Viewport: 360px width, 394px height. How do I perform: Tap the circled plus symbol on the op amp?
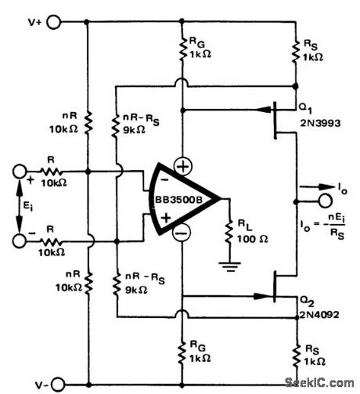tap(181, 167)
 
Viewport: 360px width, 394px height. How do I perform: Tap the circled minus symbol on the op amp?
tap(181, 233)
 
